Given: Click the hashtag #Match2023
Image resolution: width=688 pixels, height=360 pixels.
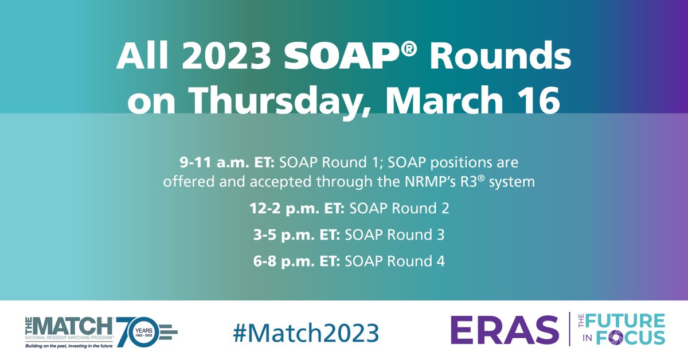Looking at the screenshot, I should pyautogui.click(x=306, y=331).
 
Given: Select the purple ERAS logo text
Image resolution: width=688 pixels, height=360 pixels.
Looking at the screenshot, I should pyautogui.click(x=505, y=330).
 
